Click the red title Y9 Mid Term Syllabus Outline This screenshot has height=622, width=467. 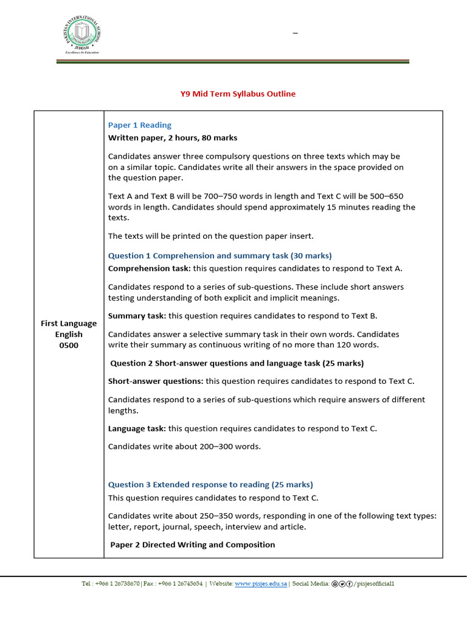click(x=238, y=94)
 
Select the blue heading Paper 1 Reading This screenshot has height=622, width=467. click(x=140, y=125)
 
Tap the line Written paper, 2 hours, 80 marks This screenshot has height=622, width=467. click(x=173, y=138)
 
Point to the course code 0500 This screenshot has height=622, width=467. click(x=69, y=346)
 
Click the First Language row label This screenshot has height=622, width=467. click(x=69, y=323)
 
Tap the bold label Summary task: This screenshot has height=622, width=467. click(x=137, y=316)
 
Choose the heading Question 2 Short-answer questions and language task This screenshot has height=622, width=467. click(x=237, y=363)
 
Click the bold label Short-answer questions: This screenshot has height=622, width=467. click(x=156, y=381)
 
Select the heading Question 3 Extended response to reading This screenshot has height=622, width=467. click(x=210, y=485)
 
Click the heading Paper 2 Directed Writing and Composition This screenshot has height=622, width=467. click(x=192, y=545)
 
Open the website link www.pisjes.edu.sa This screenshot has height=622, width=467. click(x=261, y=584)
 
